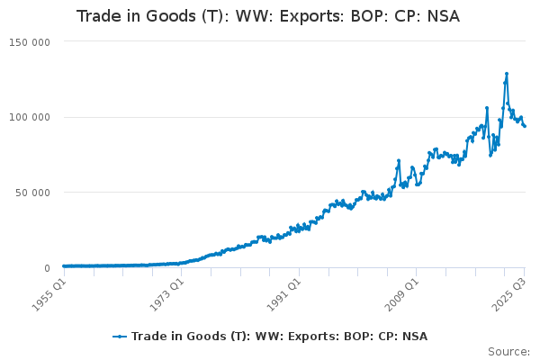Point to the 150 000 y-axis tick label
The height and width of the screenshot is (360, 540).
pos(31,42)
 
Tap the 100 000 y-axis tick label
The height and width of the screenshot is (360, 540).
pos(31,117)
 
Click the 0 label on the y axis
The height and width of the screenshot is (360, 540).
pos(46,268)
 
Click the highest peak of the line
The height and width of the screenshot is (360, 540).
pos(507,74)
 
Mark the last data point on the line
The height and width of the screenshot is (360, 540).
pos(525,126)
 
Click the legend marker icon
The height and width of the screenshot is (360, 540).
pos(120,337)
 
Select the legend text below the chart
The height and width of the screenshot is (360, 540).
pos(279,337)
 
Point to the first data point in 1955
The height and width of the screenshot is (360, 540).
pos(63,266)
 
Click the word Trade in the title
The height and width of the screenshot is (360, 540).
pos(98,16)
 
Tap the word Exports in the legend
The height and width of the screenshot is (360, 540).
pos(289,337)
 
